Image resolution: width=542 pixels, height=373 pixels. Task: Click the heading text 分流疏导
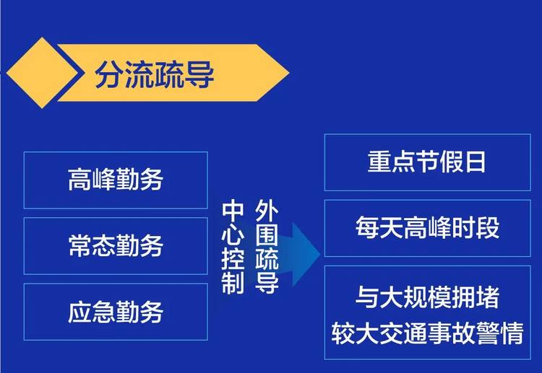coord(155,74)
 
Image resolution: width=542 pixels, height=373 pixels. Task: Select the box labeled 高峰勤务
coord(116,180)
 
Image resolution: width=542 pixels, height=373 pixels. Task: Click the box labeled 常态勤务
coord(116,246)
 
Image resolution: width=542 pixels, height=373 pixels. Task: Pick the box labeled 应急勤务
coord(116,312)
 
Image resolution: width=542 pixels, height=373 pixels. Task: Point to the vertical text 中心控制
coord(233,247)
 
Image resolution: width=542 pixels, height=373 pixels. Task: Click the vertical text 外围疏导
coord(267,247)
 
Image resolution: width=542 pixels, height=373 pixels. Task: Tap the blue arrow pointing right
coord(300,255)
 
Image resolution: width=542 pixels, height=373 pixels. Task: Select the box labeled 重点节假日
coord(428,162)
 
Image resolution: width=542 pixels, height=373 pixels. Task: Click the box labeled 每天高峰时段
coord(428,228)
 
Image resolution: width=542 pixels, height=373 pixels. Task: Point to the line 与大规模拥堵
coord(427,297)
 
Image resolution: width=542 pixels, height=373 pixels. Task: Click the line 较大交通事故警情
coord(428,333)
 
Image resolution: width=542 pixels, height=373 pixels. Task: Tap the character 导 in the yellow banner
coord(199,74)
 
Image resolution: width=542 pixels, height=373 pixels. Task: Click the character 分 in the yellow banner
coord(110,74)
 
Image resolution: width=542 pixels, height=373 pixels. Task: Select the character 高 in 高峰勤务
coord(79,180)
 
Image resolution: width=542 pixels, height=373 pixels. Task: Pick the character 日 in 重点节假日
coord(476,162)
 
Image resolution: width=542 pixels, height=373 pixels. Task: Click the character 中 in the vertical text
coord(233,212)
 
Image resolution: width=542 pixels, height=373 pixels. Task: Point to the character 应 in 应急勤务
coord(79,312)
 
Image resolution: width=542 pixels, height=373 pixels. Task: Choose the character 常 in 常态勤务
coord(79,246)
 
